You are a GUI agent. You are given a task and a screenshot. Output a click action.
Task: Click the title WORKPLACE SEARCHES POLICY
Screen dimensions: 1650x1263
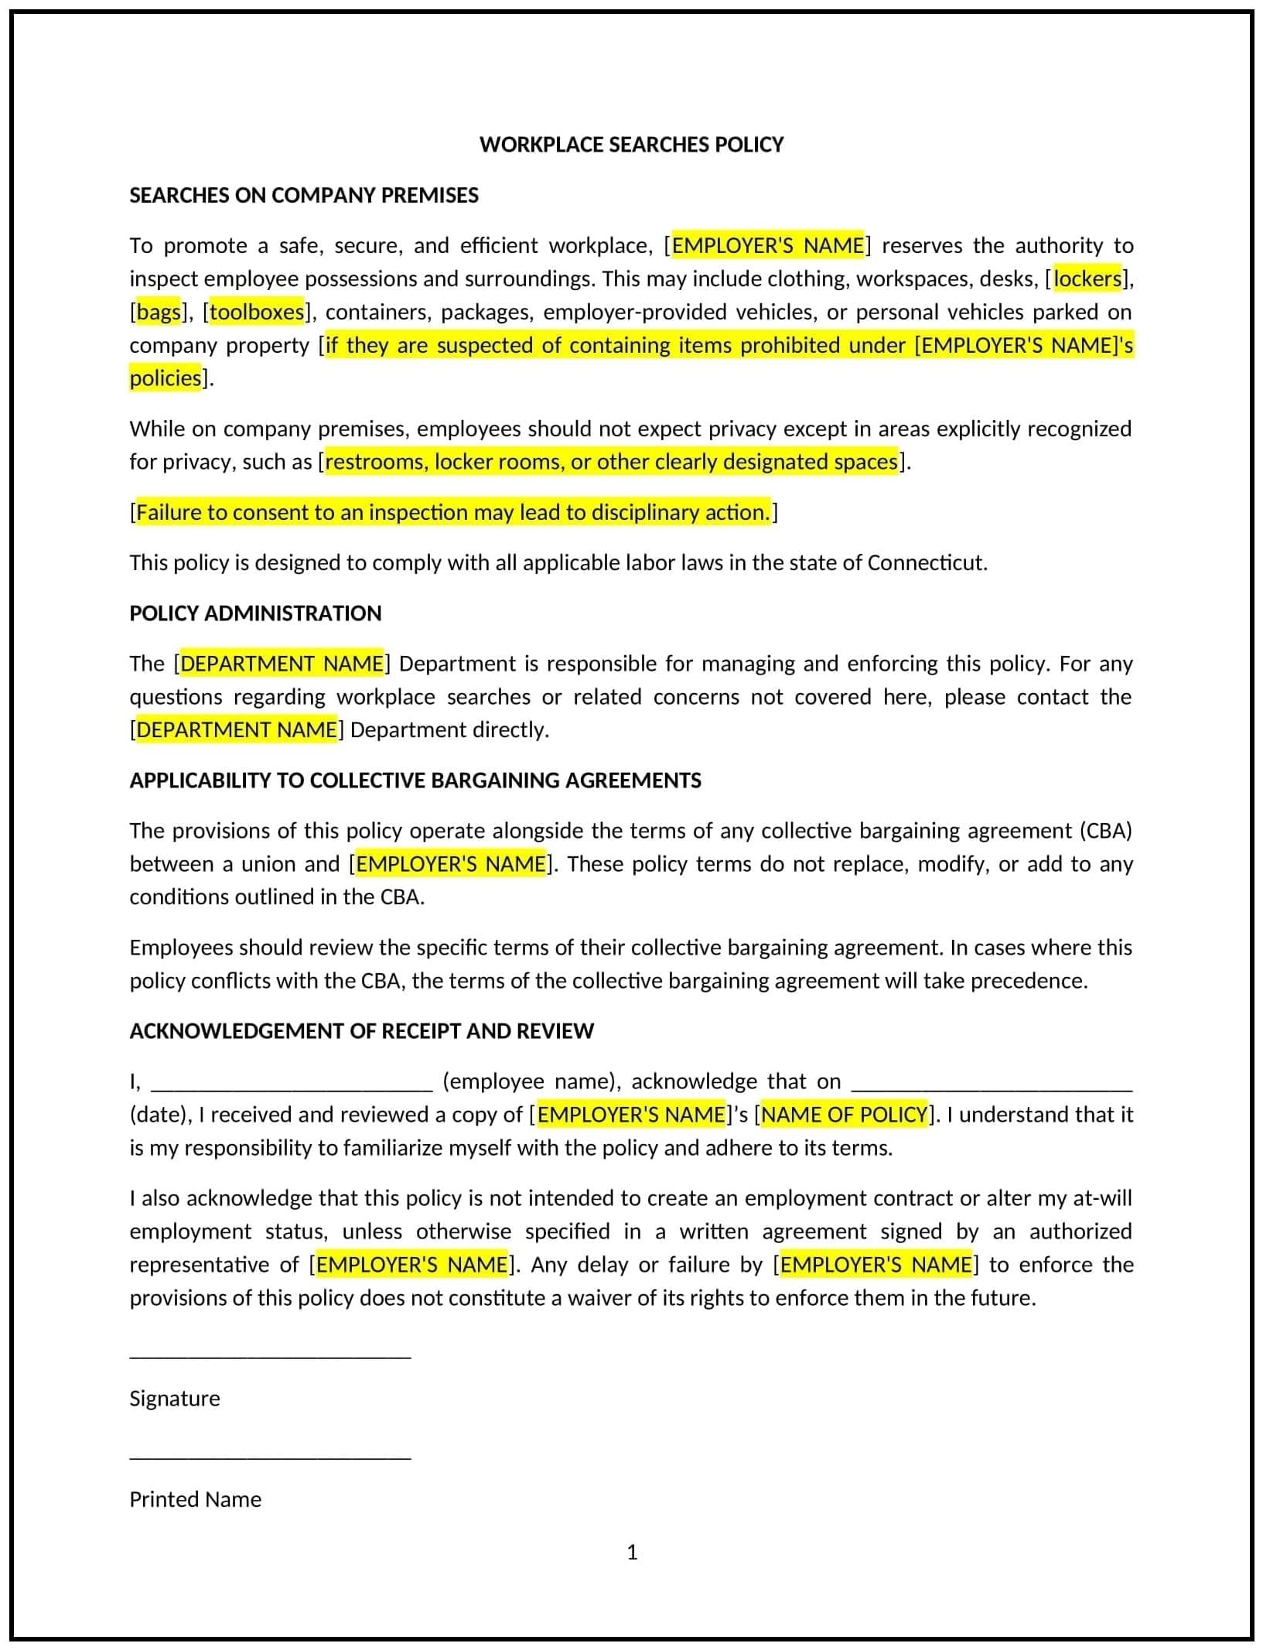tap(631, 145)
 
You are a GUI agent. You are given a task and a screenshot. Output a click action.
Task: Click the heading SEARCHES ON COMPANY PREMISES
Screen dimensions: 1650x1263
tap(304, 195)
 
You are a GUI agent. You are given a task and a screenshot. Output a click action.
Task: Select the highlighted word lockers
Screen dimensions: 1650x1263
tap(1087, 278)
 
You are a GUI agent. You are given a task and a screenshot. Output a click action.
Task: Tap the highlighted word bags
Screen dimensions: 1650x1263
tap(159, 312)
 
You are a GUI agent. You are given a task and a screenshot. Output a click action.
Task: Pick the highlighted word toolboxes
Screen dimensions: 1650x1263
tap(257, 312)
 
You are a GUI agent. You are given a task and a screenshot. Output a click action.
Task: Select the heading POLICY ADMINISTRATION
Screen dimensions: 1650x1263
tap(255, 613)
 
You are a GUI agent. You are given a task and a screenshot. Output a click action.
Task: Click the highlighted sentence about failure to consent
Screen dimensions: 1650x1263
tap(453, 512)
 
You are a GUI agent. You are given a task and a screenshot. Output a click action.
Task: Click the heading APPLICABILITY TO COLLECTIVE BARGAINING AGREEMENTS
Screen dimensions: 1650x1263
tap(415, 781)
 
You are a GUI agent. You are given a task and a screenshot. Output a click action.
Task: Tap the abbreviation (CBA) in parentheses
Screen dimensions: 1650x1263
tap(1105, 831)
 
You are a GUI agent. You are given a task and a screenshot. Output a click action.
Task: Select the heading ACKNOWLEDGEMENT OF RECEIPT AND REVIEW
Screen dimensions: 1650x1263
tap(361, 1031)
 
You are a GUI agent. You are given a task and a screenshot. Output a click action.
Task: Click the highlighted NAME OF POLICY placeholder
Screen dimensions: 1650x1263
tap(845, 1115)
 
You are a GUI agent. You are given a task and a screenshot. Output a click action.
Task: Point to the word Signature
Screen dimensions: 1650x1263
tap(175, 1399)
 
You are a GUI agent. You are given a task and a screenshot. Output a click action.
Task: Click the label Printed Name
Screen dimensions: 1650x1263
tap(196, 1499)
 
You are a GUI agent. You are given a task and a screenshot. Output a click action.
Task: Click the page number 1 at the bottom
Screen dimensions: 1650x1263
tap(632, 1553)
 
